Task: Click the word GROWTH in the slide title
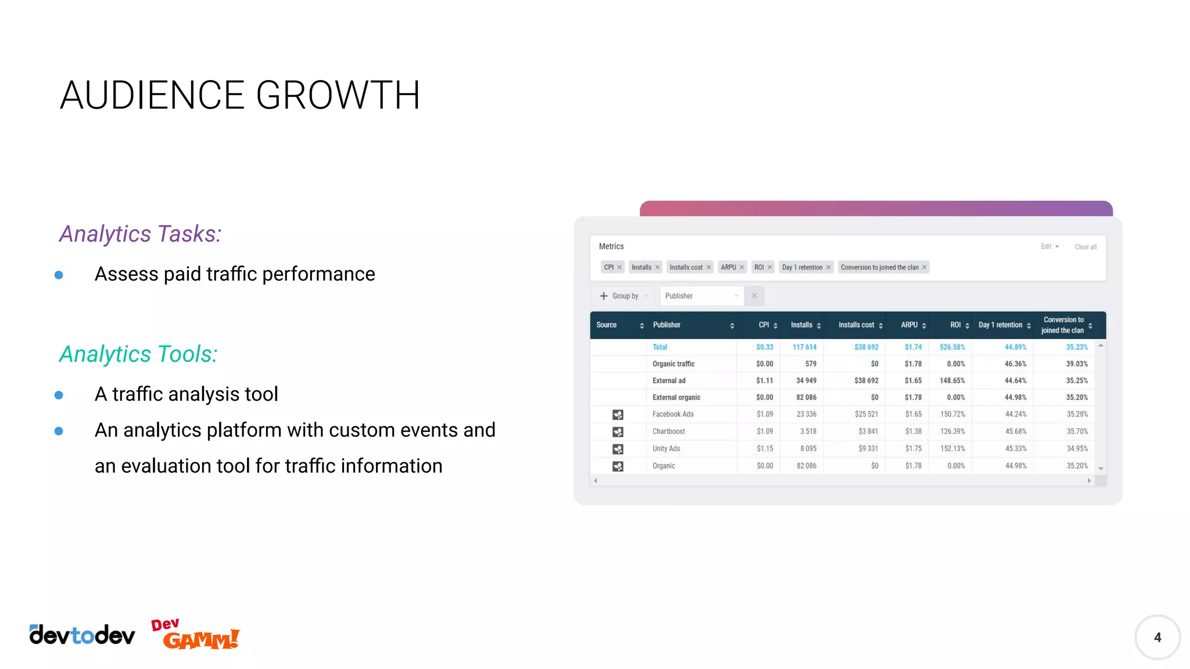pos(338,95)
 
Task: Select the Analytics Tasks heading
pos(140,234)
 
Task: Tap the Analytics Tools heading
pos(138,354)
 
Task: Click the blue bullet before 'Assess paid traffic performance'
pos(59,275)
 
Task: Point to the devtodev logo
pos(82,635)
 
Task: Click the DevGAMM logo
pos(195,635)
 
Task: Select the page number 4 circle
pos(1157,637)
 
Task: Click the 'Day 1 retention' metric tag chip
pos(802,267)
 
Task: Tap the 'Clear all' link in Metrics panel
pos(1085,247)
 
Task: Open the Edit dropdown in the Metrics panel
pos(1049,247)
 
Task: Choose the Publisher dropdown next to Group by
pos(701,296)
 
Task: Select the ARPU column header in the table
pos(909,325)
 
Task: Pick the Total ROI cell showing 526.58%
pos(952,347)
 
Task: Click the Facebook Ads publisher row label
pos(672,414)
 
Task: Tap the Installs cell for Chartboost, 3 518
pos(808,431)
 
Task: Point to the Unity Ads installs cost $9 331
pos(868,448)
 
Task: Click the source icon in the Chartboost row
pos(618,432)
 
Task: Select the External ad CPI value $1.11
pos(764,381)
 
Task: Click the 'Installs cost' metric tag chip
pos(686,267)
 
